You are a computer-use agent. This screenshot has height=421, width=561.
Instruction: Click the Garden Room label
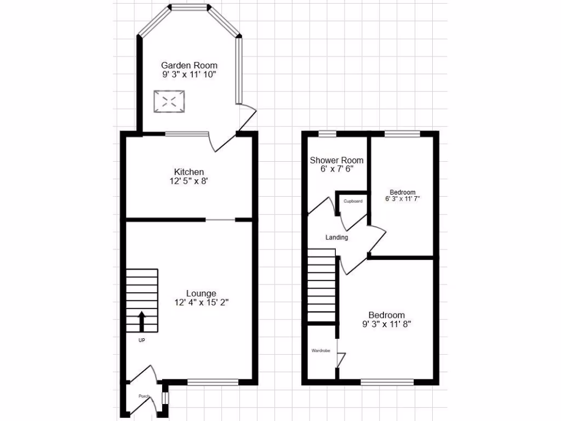pyautogui.click(x=189, y=65)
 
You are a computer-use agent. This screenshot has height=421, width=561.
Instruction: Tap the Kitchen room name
pyautogui.click(x=189, y=172)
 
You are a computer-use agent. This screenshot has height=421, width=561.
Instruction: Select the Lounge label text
pyautogui.click(x=201, y=293)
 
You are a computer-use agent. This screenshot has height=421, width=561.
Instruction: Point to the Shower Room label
pyautogui.click(x=336, y=160)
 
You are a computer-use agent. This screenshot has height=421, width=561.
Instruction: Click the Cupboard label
pyautogui.click(x=353, y=201)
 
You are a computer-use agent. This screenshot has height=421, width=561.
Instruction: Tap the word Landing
pyautogui.click(x=336, y=237)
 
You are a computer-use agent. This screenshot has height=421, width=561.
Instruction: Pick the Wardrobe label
pyautogui.click(x=320, y=350)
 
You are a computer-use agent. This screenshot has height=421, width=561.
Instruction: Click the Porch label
pyautogui.click(x=144, y=396)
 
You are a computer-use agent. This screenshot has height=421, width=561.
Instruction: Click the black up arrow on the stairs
pyautogui.click(x=141, y=321)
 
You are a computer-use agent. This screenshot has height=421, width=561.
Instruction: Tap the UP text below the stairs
pyautogui.click(x=141, y=340)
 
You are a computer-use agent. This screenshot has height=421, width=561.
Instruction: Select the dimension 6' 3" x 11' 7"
pyautogui.click(x=403, y=198)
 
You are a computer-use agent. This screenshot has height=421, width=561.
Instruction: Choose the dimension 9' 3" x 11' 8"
pyautogui.click(x=386, y=324)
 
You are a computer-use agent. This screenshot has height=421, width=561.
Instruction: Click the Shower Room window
pyautogui.click(x=328, y=133)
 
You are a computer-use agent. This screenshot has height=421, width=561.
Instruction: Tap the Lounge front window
pyautogui.click(x=213, y=382)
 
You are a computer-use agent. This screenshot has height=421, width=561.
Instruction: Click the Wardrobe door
pyautogui.click(x=340, y=360)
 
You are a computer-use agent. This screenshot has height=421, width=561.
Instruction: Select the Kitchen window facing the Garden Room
pyautogui.click(x=187, y=134)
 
